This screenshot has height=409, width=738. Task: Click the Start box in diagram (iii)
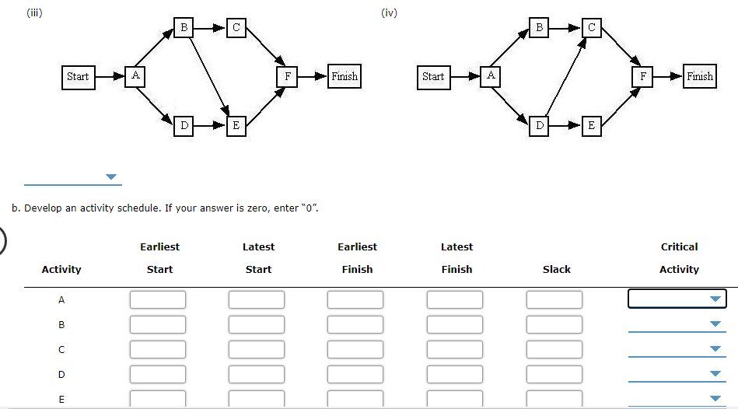[78, 76]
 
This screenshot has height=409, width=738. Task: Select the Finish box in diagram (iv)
[699, 76]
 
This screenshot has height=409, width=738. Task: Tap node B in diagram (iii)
[184, 28]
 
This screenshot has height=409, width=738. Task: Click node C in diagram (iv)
[592, 28]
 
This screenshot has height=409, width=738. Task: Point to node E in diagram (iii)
[236, 124]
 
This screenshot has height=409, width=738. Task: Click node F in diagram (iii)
[288, 76]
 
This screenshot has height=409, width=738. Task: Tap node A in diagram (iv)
[491, 76]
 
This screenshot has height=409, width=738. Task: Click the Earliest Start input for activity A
[158, 299]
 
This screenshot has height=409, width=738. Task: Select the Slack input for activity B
[554, 324]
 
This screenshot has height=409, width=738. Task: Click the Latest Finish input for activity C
[455, 349]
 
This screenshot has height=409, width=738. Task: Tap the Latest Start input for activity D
[257, 374]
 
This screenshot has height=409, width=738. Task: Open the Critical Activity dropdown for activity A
[677, 299]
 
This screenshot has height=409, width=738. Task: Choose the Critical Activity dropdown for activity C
[677, 349]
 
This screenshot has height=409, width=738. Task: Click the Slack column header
[556, 270]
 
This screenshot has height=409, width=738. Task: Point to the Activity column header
[61, 270]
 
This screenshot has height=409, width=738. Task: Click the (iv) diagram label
[390, 12]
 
